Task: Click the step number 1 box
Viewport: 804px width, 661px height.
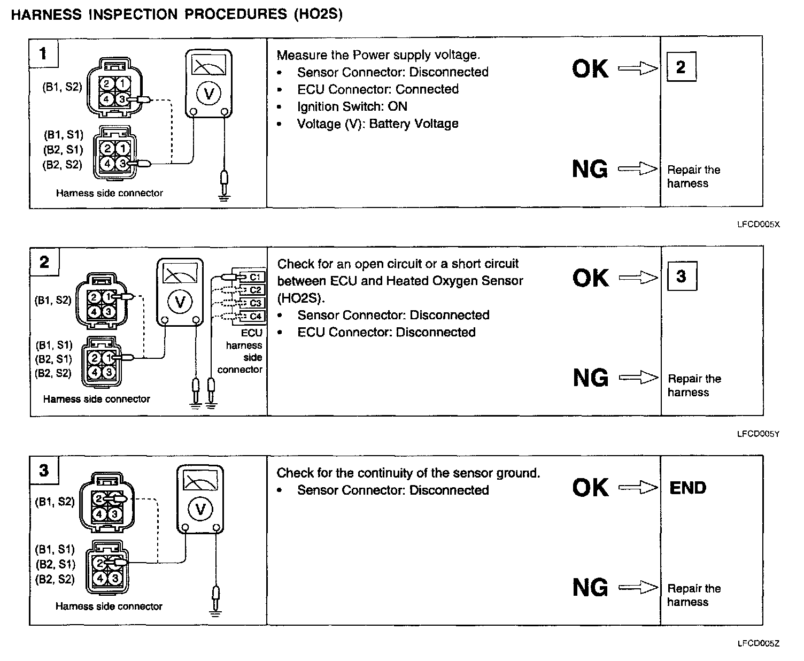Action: click(43, 53)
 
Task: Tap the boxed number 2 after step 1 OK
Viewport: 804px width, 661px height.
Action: click(681, 67)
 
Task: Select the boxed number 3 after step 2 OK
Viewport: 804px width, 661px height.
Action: click(681, 276)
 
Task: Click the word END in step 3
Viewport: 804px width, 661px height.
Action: click(687, 488)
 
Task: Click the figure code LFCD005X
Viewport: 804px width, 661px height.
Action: click(758, 225)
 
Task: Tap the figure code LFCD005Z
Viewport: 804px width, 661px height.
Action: click(758, 644)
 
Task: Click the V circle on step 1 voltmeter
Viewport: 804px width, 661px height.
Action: click(209, 95)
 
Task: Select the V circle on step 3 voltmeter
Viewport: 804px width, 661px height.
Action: click(200, 509)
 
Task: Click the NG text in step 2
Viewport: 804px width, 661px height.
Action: click(590, 378)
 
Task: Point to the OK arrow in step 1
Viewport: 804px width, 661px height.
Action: click(637, 68)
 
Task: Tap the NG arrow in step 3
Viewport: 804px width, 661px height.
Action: click(638, 588)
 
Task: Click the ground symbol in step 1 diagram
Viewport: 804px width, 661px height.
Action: click(225, 196)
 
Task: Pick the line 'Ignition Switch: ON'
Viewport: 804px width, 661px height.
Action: click(352, 106)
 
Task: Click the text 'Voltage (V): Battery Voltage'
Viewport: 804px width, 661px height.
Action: click(377, 124)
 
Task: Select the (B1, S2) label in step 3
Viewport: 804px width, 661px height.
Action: click(55, 502)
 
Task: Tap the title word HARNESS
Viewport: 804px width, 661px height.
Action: click(46, 14)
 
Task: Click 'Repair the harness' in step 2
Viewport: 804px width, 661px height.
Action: click(694, 386)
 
